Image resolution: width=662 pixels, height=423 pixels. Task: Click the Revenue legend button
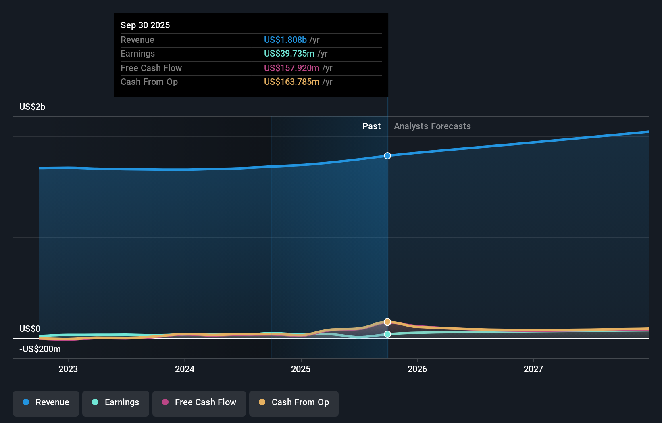tap(46, 403)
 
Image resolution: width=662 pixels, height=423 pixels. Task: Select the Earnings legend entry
tap(116, 403)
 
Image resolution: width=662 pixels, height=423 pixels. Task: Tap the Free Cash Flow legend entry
tap(199, 403)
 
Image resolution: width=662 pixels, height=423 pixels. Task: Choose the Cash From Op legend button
tap(294, 403)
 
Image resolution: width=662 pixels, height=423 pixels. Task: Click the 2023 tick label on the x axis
tap(68, 369)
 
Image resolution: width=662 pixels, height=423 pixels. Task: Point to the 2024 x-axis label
tap(185, 369)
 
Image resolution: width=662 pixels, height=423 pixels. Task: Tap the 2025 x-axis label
tap(301, 369)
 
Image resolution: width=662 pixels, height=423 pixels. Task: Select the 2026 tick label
tap(417, 369)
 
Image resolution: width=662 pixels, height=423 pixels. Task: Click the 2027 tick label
tap(533, 369)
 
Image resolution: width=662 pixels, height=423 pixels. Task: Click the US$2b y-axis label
tap(32, 107)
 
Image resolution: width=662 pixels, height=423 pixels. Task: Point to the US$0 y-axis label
tap(30, 329)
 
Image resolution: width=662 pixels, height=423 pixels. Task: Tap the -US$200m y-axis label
tap(40, 349)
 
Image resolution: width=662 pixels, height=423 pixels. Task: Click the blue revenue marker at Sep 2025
tap(387, 156)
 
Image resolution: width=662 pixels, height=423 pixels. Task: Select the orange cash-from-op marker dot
tap(387, 322)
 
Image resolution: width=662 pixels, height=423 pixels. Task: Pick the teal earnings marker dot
tap(387, 334)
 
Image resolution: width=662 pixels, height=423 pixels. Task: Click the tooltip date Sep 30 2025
tap(145, 25)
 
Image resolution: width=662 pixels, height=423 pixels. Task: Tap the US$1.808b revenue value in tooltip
tap(285, 40)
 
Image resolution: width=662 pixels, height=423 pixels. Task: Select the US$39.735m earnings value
tap(289, 54)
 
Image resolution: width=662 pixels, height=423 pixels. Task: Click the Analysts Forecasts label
tap(432, 126)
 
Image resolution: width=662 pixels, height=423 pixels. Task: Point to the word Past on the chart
tap(371, 126)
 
